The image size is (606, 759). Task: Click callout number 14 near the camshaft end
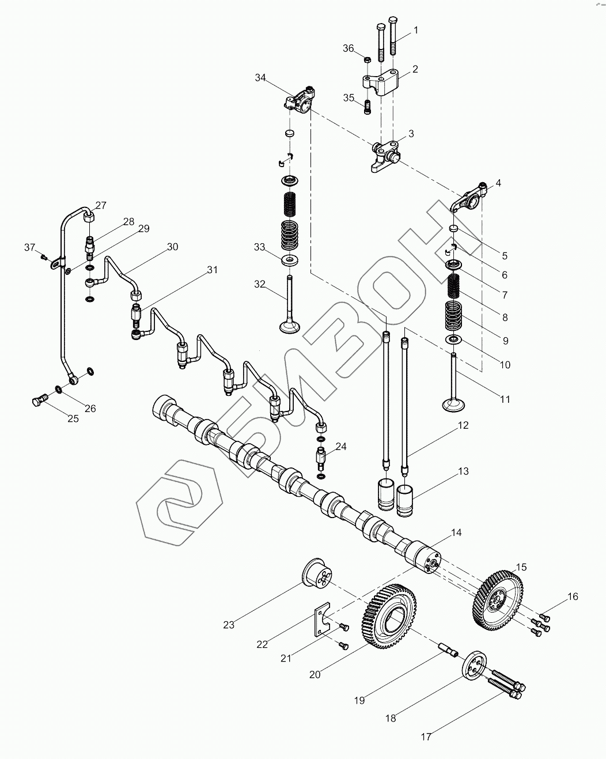pyautogui.click(x=456, y=533)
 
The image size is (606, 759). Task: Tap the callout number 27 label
pyautogui.click(x=101, y=206)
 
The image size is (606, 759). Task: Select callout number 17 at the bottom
pyautogui.click(x=426, y=736)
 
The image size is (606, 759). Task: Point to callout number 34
pyautogui.click(x=261, y=78)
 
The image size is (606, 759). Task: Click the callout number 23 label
pyautogui.click(x=229, y=625)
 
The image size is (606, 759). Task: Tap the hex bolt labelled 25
pyautogui.click(x=37, y=400)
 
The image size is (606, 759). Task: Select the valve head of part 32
pyautogui.click(x=289, y=327)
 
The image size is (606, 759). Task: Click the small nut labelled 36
pyautogui.click(x=367, y=59)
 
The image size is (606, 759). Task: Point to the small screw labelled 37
pyautogui.click(x=44, y=256)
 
